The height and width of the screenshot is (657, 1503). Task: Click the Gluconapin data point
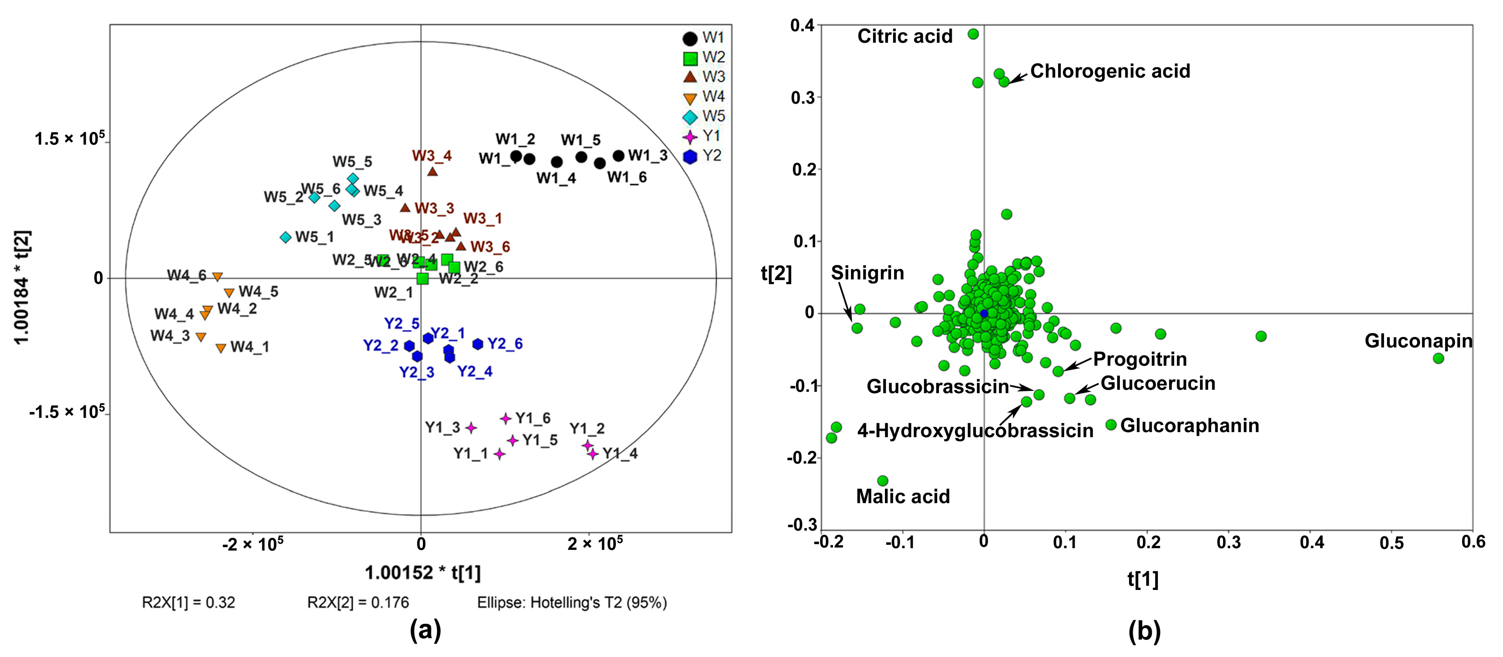pyautogui.click(x=1438, y=358)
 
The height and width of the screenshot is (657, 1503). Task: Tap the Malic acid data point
pyautogui.click(x=883, y=481)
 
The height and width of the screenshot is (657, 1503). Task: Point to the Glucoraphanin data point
pyautogui.click(x=1111, y=425)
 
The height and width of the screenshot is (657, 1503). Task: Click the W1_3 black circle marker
pyautogui.click(x=618, y=156)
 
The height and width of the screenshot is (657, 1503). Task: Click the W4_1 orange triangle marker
pyautogui.click(x=221, y=348)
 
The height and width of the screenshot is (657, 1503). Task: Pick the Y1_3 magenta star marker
pyautogui.click(x=471, y=428)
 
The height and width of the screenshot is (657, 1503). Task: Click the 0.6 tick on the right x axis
pyautogui.click(x=1473, y=542)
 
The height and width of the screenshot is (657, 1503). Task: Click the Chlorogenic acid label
pyautogui.click(x=1110, y=71)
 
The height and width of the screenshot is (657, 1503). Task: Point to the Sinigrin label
pyautogui.click(x=867, y=273)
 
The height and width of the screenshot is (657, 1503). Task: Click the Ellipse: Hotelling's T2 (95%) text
pyautogui.click(x=572, y=602)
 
